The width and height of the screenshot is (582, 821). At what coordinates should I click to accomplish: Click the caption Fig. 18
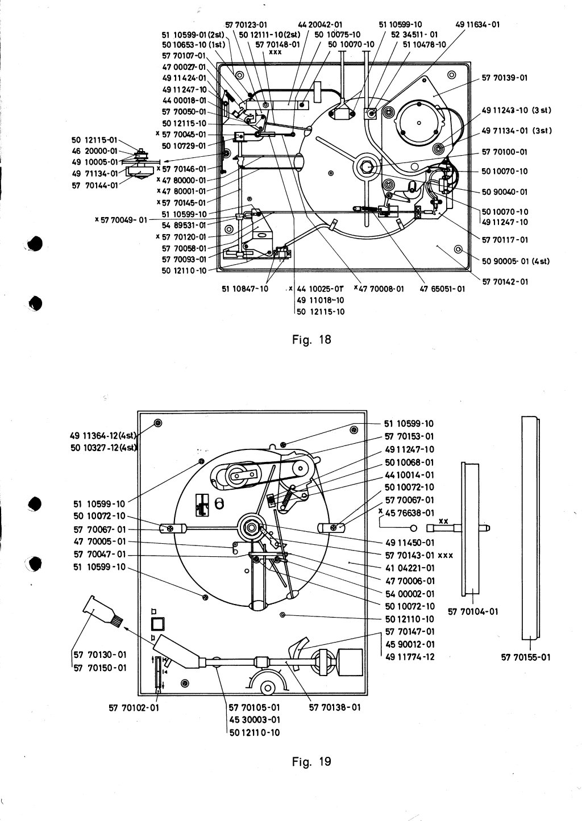tap(311, 340)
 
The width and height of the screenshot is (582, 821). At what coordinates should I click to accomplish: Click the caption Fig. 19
tap(311, 761)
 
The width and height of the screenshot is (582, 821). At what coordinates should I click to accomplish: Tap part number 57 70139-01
tap(504, 78)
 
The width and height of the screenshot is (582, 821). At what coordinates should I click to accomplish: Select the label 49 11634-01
tap(477, 24)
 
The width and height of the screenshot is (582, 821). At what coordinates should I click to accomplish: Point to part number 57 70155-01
tap(526, 657)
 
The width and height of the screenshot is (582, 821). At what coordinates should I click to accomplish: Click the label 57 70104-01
tap(473, 611)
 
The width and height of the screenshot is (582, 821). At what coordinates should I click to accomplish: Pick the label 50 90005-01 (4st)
tap(516, 261)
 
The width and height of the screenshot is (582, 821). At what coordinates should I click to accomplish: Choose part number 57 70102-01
tap(134, 708)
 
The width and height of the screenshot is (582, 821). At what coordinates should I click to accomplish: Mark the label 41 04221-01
tap(410, 568)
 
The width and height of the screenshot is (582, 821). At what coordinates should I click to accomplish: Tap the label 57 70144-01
tap(95, 185)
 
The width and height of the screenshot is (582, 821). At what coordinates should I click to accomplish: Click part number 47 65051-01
tap(442, 289)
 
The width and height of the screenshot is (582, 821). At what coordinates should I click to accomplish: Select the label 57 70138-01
tap(335, 707)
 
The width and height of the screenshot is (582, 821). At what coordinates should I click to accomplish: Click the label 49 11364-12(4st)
tap(103, 435)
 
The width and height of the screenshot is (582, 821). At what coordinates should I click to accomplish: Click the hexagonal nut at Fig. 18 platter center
tap(367, 167)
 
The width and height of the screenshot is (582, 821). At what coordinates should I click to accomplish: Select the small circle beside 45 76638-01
tap(413, 528)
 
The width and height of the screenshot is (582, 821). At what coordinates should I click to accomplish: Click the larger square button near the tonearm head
tap(157, 623)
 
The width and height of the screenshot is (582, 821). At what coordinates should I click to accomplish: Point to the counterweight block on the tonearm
tap(350, 662)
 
